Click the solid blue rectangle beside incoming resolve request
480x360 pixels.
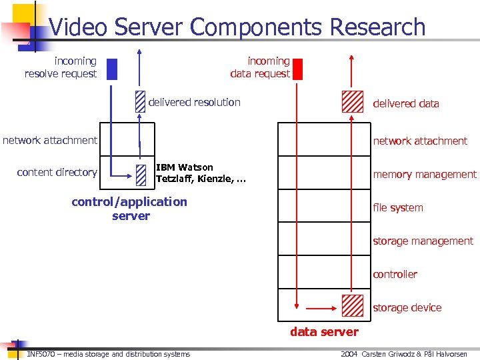click(x=112, y=69)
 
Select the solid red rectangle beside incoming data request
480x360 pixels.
click(x=297, y=69)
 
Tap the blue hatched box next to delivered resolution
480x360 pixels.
click(x=139, y=101)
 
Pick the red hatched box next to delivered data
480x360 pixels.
click(x=353, y=101)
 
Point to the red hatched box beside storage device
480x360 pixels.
click(x=353, y=305)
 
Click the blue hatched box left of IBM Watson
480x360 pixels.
click(x=139, y=174)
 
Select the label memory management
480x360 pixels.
click(x=425, y=175)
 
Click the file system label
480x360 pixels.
click(x=398, y=208)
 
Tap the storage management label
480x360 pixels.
click(x=423, y=241)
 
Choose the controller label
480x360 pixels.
click(x=395, y=275)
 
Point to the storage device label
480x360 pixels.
click(x=407, y=308)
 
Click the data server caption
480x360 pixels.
click(x=324, y=332)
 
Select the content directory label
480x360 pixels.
click(x=57, y=173)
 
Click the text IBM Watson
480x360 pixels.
click(x=185, y=167)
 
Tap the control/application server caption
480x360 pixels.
click(x=130, y=209)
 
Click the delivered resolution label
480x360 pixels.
click(x=194, y=103)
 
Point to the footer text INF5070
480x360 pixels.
click(x=41, y=354)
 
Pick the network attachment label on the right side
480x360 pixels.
click(x=420, y=141)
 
